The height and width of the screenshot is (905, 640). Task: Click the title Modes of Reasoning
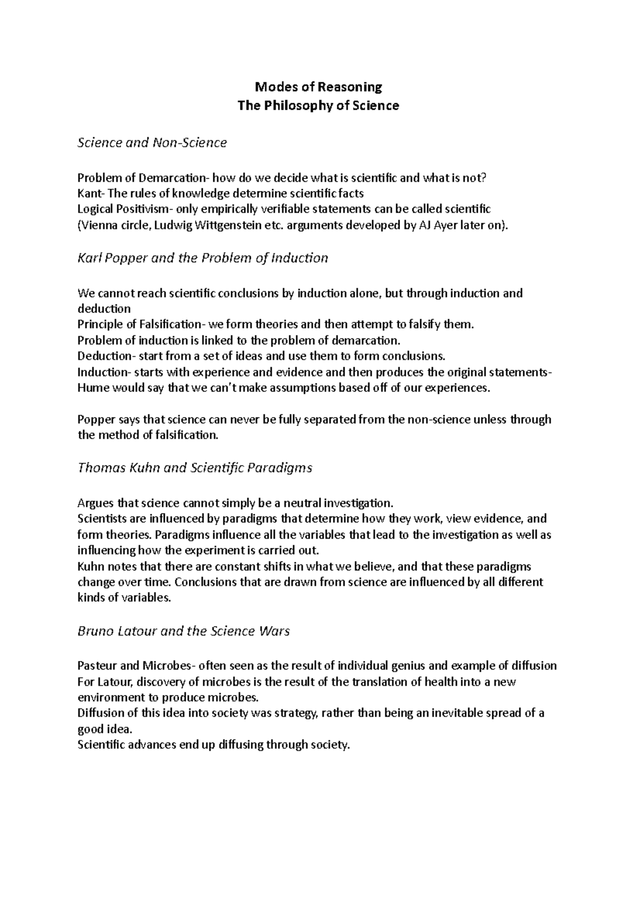(318, 86)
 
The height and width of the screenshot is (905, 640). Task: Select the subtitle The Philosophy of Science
(318, 106)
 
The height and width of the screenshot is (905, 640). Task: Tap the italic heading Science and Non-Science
(152, 143)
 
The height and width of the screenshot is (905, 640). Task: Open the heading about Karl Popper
(203, 258)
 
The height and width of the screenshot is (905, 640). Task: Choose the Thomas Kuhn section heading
(195, 468)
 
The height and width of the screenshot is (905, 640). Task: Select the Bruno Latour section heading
(183, 632)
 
